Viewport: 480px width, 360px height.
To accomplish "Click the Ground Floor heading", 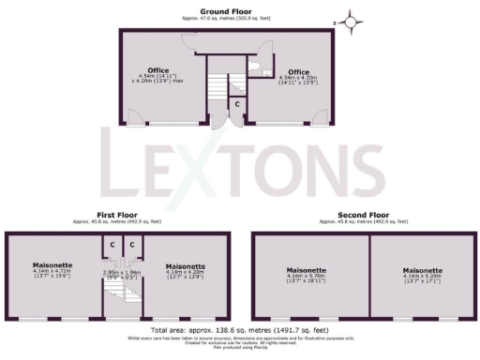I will coord(229,11).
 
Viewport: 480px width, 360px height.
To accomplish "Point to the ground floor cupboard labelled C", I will coord(236,104).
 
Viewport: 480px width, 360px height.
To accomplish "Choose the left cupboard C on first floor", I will coord(112,245).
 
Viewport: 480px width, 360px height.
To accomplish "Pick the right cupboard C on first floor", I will coord(133,245).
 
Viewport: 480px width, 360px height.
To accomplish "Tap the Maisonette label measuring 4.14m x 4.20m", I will coord(185,270).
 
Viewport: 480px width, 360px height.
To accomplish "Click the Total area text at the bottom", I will coord(239,331).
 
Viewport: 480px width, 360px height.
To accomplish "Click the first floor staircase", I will coord(124,298).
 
